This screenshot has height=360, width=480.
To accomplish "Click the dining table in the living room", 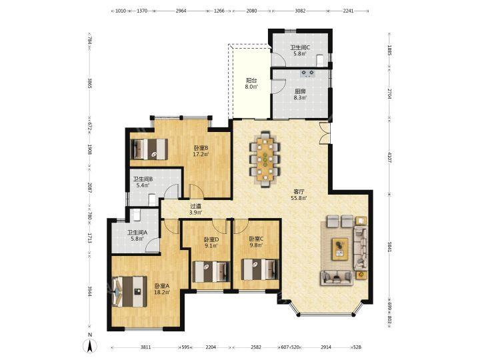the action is (265, 159).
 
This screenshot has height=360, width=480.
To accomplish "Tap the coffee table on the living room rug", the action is (340, 249).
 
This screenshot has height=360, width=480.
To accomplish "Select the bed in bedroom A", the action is (129, 292).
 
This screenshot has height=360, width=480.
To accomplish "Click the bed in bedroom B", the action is (149, 149).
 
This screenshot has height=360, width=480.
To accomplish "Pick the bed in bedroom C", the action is (260, 269).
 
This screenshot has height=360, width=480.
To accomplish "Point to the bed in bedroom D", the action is (211, 271).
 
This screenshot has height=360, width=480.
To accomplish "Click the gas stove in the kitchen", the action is (307, 73).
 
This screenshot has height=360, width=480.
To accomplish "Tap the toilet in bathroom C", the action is (320, 60).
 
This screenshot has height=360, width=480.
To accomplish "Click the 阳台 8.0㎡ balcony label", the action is (251, 83).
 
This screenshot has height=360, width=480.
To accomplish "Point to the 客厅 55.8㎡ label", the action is (299, 195).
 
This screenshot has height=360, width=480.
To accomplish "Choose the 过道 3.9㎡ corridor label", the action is (195, 209).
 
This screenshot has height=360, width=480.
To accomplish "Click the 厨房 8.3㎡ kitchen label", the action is (300, 94).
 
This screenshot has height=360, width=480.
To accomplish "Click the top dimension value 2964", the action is (181, 11).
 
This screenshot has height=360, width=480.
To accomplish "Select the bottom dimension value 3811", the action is (146, 347).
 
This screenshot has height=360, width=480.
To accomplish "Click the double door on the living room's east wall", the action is (325, 133).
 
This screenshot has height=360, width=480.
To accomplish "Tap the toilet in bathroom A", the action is (137, 215).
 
